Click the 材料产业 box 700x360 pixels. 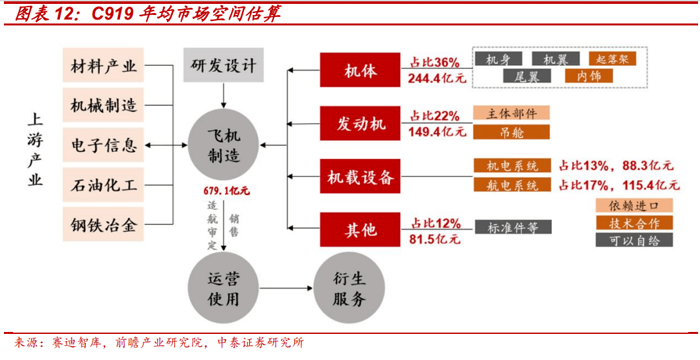pyautogui.click(x=104, y=66)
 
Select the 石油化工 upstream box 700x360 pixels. pyautogui.click(x=104, y=185)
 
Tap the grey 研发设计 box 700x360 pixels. pyautogui.click(x=224, y=65)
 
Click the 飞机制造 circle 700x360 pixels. pyautogui.click(x=224, y=145)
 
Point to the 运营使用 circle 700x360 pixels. pyautogui.click(x=224, y=288)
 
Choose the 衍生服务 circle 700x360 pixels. pyautogui.click(x=349, y=288)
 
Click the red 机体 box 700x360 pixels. pyautogui.click(x=361, y=70)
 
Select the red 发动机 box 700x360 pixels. pyautogui.click(x=361, y=123)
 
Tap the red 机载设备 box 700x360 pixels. pyautogui.click(x=361, y=176)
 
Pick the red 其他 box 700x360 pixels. pyautogui.click(x=361, y=230)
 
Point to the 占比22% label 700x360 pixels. pyautogui.click(x=434, y=116)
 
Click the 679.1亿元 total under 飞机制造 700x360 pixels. pyautogui.click(x=226, y=192)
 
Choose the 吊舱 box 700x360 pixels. pyautogui.click(x=511, y=132)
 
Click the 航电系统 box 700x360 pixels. pyautogui.click(x=512, y=185)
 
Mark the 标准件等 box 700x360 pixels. pyautogui.click(x=512, y=228)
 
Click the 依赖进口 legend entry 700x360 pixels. pyautogui.click(x=633, y=206)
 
